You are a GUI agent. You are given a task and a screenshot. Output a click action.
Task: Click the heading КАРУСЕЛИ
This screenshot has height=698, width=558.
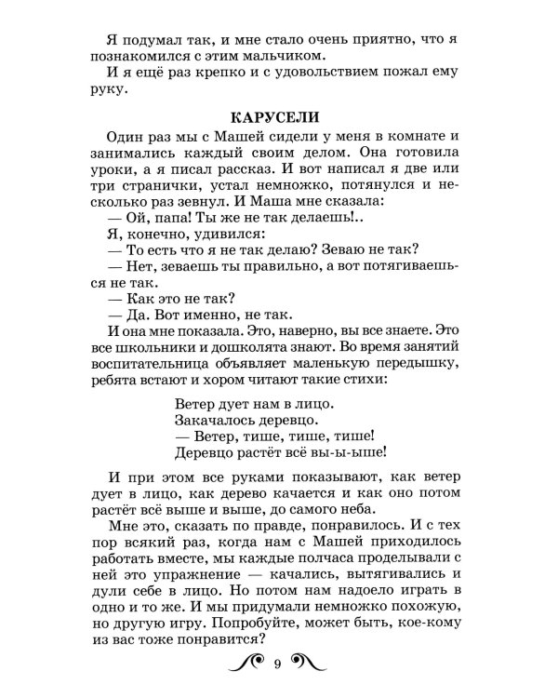(278, 118)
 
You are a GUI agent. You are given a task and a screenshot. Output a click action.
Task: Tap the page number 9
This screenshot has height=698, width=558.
(277, 663)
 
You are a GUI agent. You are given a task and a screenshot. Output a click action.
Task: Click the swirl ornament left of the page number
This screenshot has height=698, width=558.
(244, 662)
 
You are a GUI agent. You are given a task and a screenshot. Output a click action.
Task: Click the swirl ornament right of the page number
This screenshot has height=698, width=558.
(312, 662)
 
